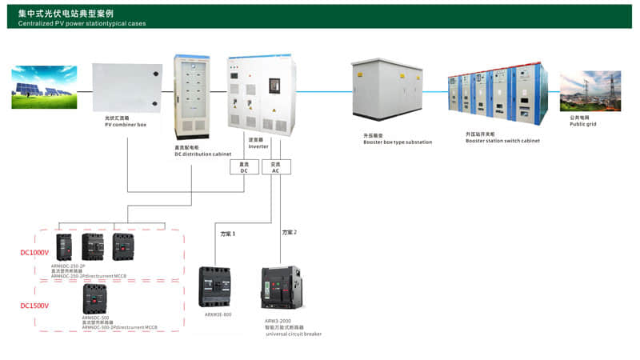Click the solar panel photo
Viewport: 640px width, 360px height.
[x=44, y=86]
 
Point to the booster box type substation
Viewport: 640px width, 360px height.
[x=386, y=94]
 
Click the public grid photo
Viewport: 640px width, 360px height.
[x=590, y=91]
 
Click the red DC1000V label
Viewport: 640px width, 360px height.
[x=34, y=253]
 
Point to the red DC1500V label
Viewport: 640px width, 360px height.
[x=34, y=306]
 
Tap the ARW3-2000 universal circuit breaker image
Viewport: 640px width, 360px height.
[x=283, y=289]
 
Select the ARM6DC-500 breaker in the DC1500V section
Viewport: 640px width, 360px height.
[x=95, y=299]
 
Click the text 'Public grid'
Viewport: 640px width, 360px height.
[x=583, y=124]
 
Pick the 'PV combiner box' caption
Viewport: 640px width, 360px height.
[x=126, y=124]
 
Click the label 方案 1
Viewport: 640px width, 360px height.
[x=229, y=233]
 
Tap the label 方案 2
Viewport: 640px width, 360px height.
[x=289, y=232]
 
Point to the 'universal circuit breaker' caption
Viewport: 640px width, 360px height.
[x=294, y=334]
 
